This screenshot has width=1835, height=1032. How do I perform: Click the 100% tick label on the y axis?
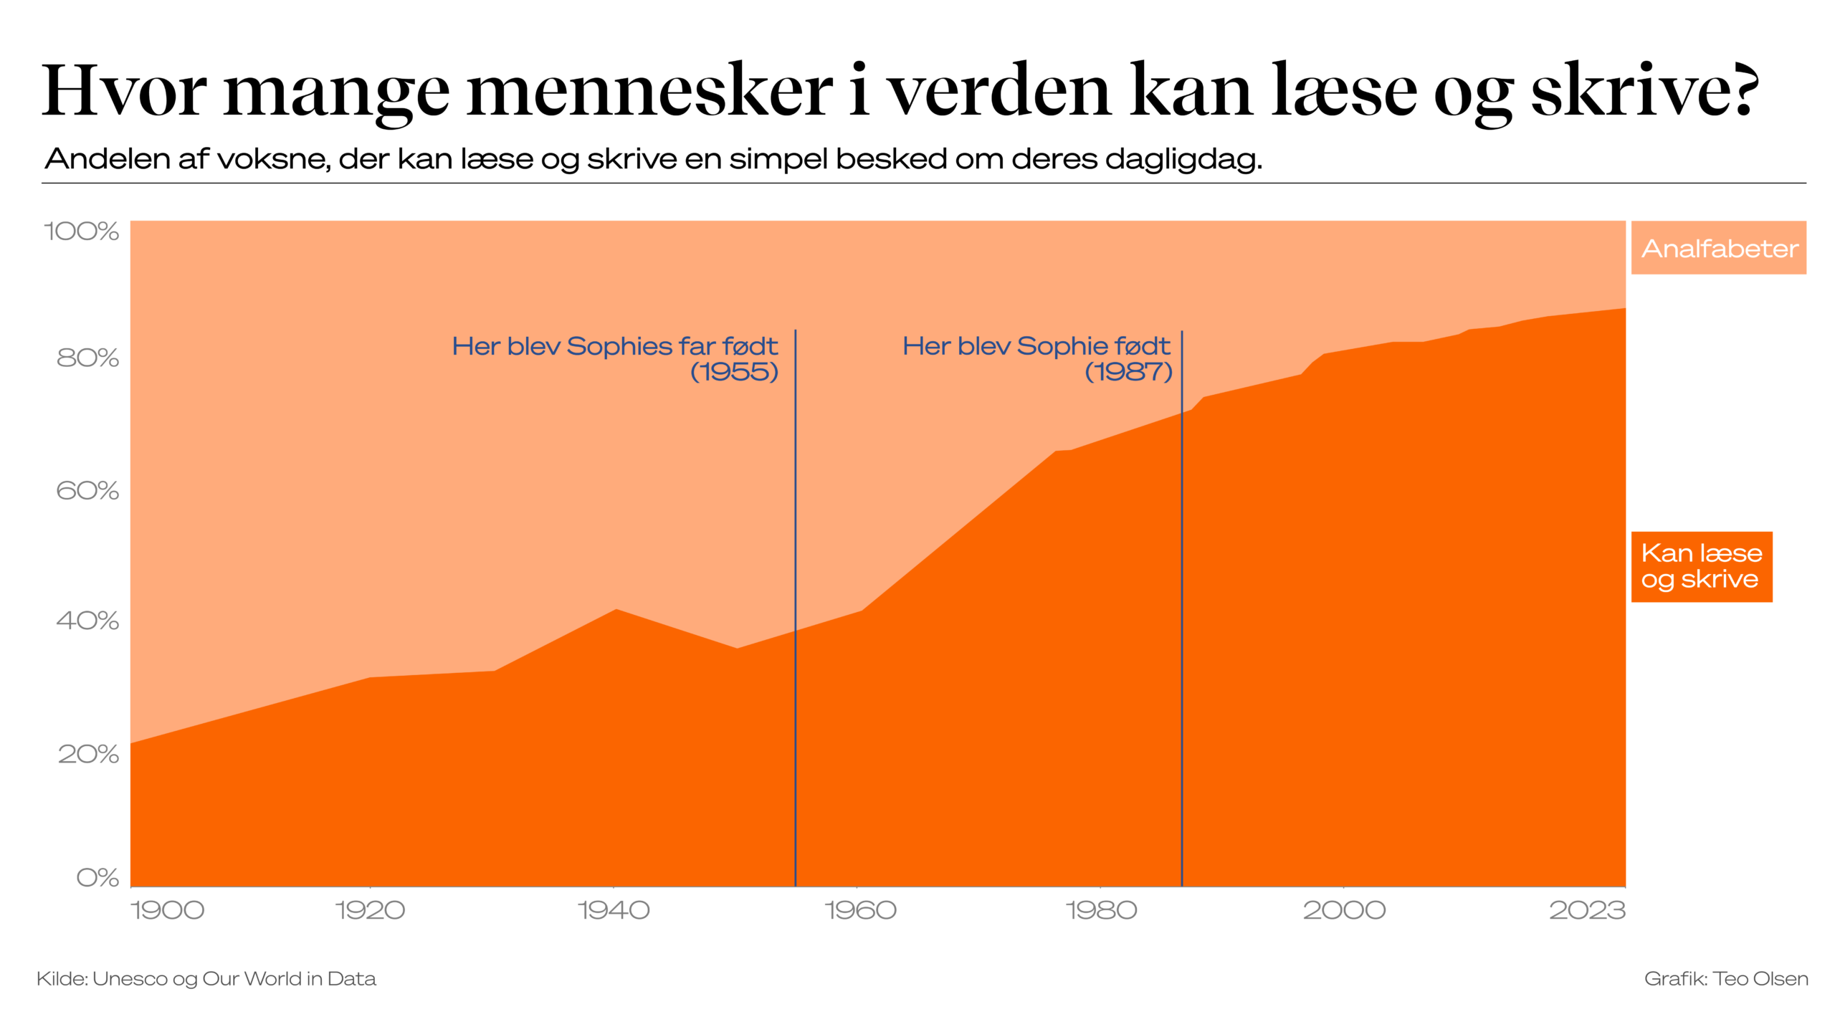point(81,231)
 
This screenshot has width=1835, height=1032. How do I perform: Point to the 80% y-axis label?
point(87,358)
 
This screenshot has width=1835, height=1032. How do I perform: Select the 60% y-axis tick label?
point(87,490)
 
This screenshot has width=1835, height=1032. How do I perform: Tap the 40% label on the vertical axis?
point(87,620)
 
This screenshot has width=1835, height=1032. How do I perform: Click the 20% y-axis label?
point(88,754)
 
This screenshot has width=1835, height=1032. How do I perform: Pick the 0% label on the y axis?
point(97,877)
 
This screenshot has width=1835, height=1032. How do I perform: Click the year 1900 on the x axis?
point(167,910)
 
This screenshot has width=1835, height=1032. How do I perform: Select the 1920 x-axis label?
point(370,910)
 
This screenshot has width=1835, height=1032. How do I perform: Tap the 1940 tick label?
point(614,910)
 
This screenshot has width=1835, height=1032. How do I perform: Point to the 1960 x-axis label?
point(860,910)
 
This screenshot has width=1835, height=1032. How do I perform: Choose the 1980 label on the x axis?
point(1101,910)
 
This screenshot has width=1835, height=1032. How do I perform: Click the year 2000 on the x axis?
point(1344,910)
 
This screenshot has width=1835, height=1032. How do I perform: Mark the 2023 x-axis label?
point(1587,910)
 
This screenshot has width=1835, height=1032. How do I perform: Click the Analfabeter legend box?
point(1718,248)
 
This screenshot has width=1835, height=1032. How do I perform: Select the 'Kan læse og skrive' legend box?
point(1701,566)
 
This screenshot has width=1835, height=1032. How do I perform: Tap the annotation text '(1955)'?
point(734,372)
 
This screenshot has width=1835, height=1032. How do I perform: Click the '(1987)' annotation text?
point(1128,372)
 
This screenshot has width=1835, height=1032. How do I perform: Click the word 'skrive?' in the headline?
point(1645,90)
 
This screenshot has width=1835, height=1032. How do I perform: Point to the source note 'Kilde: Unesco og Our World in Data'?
point(206,979)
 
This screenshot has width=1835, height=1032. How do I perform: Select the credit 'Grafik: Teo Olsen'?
point(1725,979)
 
